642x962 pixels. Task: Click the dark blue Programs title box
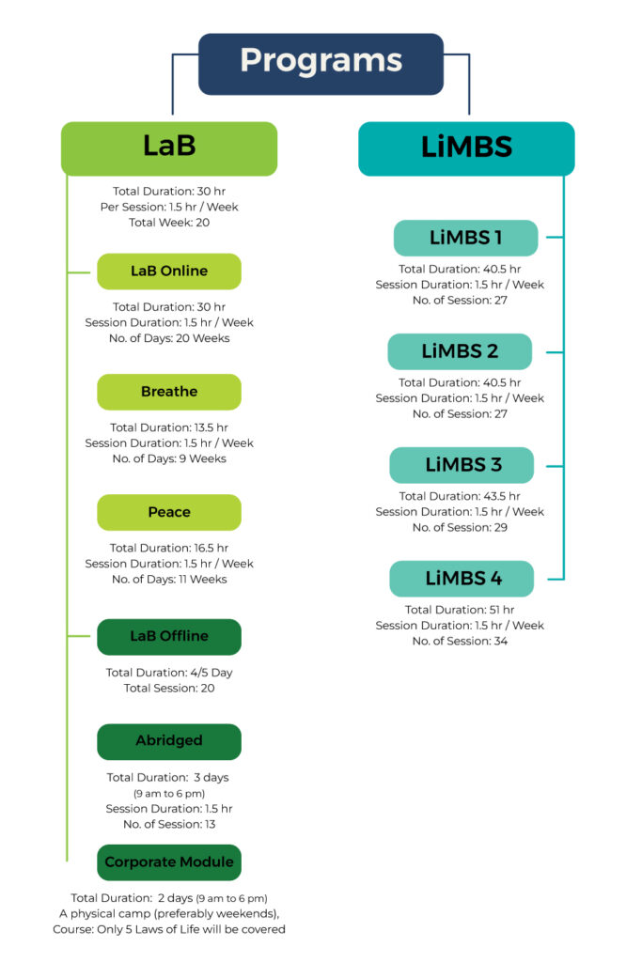321,64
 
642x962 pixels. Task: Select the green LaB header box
169,148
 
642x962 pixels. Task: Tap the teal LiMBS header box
466,148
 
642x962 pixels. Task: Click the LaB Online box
169,272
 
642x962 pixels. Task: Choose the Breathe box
169,392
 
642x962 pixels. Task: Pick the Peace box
169,512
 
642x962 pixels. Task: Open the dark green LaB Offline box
169,637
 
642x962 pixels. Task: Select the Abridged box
169,742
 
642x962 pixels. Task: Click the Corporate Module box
169,862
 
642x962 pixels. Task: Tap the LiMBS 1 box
466,238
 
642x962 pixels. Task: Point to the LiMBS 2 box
460,351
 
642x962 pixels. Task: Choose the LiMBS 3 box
462,465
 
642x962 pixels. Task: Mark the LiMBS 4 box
462,579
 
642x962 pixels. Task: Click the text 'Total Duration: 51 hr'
460,610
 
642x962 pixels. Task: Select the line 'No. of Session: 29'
460,528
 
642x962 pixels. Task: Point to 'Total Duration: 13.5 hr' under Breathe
169,427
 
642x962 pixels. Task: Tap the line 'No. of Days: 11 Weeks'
169,579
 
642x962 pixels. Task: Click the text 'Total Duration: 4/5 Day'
169,673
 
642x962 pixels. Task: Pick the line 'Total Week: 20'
169,223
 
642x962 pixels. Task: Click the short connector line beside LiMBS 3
555,466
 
